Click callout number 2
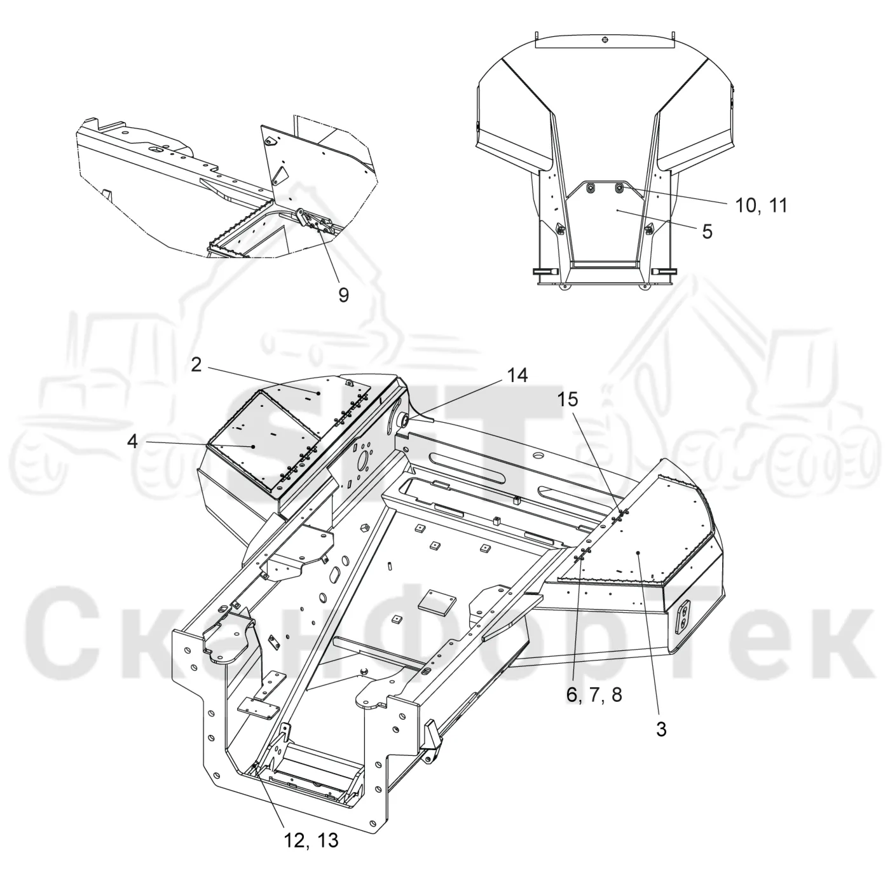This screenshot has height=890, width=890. click(x=196, y=365)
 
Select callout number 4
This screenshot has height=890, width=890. click(x=133, y=442)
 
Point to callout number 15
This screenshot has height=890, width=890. click(x=568, y=399)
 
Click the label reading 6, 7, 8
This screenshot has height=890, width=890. click(x=594, y=695)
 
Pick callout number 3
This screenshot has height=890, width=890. click(x=661, y=729)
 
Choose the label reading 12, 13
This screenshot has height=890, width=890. click(x=311, y=840)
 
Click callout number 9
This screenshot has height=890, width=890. click(x=343, y=294)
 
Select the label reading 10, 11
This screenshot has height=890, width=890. click(x=761, y=205)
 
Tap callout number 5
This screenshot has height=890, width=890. click(x=707, y=231)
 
